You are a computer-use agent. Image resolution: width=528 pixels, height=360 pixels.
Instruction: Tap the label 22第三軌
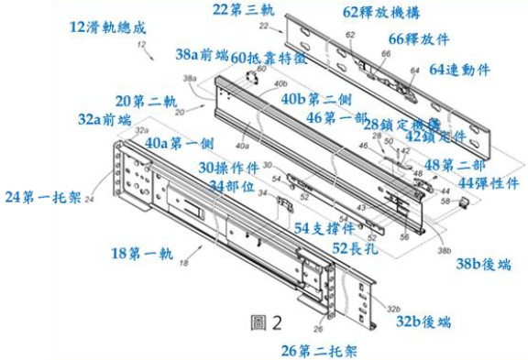[x=244, y=10]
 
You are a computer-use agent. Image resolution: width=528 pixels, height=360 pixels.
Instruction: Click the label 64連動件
[x=460, y=68]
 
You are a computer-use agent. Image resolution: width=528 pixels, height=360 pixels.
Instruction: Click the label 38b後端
[x=481, y=265]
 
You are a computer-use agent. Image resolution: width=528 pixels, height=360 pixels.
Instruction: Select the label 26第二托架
[x=319, y=349]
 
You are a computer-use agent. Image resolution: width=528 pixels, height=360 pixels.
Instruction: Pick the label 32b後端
[x=423, y=322]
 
